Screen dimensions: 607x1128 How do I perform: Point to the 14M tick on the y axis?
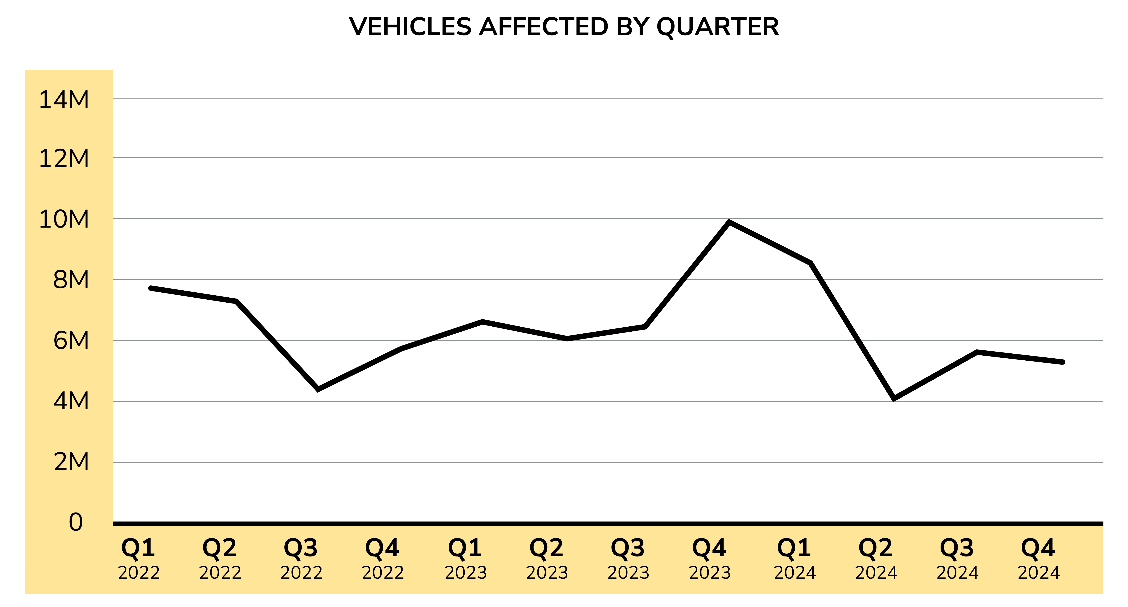[x=64, y=100]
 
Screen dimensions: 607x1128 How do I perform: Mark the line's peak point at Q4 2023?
[x=729, y=222]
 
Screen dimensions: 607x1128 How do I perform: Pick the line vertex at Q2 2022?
[x=236, y=301]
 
